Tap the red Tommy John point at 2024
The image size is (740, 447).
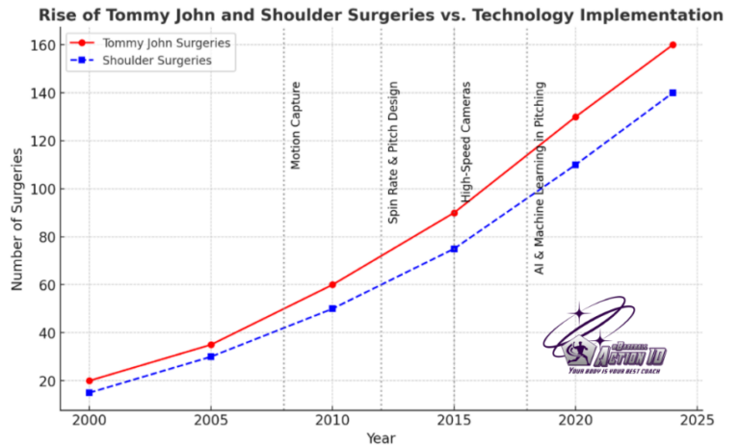(673, 44)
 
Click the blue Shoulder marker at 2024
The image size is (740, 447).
(673, 92)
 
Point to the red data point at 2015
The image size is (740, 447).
(454, 213)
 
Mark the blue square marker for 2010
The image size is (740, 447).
(332, 308)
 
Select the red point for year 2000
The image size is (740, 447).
(90, 381)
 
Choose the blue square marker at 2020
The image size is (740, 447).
(575, 165)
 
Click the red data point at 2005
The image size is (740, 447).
(211, 344)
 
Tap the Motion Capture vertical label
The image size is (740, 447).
(296, 125)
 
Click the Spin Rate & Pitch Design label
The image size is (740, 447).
(393, 165)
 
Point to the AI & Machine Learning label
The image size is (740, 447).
(540, 178)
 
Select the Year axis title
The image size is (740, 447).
(381, 438)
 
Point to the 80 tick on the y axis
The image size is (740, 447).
(45, 237)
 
